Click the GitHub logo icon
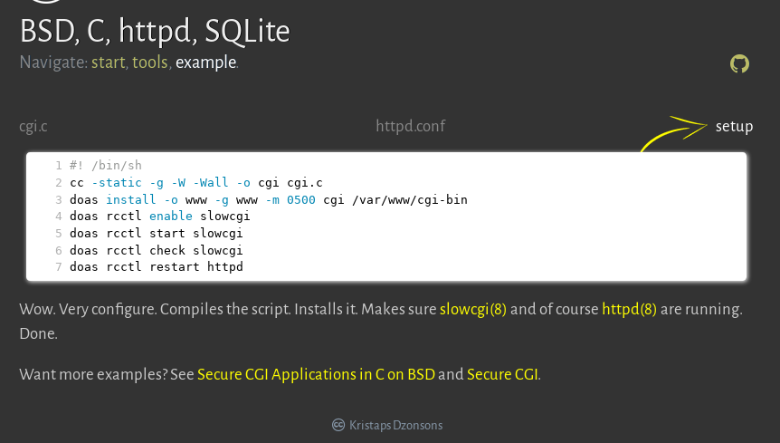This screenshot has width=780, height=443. pos(739,63)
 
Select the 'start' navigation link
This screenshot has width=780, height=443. pos(108,63)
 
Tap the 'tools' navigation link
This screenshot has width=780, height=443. pos(149,63)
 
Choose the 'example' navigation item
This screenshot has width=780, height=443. pos(206,63)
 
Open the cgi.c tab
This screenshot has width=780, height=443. pos(33,127)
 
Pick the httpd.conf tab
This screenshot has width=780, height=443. pos(411,126)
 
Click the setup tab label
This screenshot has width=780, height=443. pos(734,127)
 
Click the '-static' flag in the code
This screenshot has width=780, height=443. pos(117,183)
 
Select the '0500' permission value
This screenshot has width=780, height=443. pos(301,200)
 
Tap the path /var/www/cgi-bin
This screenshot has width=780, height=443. pos(409,200)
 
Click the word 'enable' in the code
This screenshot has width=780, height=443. pos(171,216)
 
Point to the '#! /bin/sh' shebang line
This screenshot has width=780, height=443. pos(106,165)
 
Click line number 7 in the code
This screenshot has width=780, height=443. pos(58,266)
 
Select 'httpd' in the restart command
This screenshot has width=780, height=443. pos(224,266)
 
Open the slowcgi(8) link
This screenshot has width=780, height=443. pos(473,309)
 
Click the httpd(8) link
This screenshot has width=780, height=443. pos(629,309)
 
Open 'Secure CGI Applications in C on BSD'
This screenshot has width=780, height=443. pos(317,374)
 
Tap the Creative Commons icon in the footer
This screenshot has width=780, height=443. pos(338,425)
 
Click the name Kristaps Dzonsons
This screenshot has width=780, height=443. pos(396,426)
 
